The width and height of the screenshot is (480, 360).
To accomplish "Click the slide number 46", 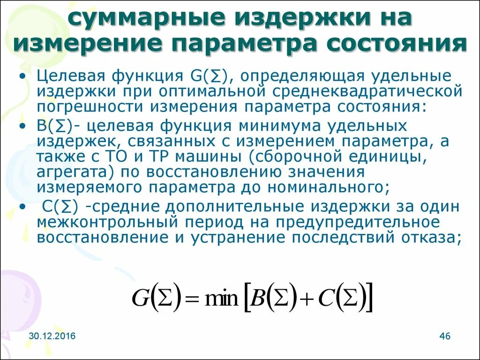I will (x=445, y=337).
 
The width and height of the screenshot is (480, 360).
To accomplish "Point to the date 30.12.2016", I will (x=51, y=337).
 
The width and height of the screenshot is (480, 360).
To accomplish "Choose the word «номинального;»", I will (x=328, y=187).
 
